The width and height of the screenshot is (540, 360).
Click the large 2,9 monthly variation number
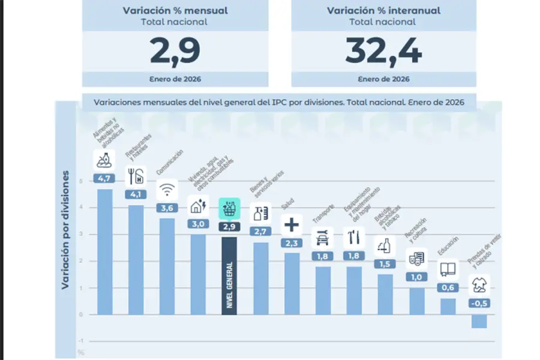tap(175, 52)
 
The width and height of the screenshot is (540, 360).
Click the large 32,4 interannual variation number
tap(383, 52)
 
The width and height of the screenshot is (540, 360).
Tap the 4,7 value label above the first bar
tap(104, 178)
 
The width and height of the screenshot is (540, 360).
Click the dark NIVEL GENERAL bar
tap(229, 275)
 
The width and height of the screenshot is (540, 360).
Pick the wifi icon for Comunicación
tap(167, 190)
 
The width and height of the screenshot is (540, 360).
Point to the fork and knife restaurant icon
tap(136, 176)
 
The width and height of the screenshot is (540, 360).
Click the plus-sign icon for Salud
tap(292, 225)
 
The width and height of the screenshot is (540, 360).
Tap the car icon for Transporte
tap(323, 238)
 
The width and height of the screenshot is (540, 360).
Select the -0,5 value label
tap(479, 303)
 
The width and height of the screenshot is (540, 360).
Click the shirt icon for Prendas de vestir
tap(479, 284)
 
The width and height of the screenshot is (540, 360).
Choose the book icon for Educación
tap(448, 269)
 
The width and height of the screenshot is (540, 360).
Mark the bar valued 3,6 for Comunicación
tap(167, 266)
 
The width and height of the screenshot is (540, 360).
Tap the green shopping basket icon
tap(229, 208)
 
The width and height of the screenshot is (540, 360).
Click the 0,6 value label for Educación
tap(448, 287)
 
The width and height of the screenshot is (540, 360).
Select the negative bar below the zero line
tap(479, 321)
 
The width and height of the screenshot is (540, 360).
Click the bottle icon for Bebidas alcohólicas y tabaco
tap(385, 245)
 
